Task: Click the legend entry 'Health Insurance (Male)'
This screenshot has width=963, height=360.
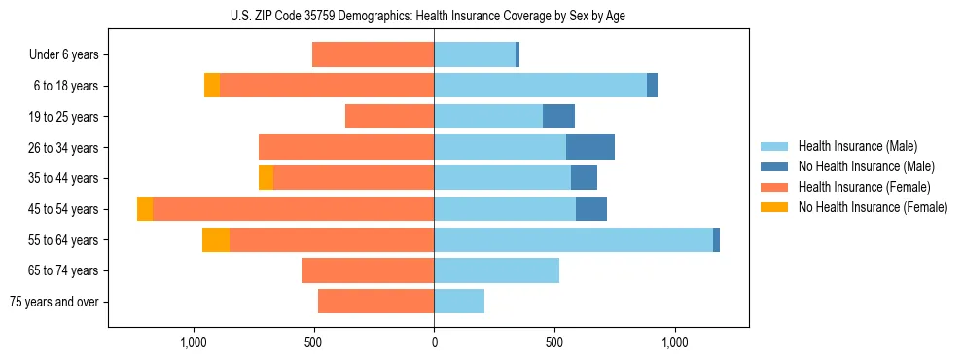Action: (x=857, y=146)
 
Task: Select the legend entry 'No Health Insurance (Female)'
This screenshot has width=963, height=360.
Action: (x=873, y=207)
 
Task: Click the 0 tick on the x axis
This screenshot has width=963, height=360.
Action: (x=434, y=342)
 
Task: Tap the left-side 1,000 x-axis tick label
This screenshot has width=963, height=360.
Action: (x=194, y=342)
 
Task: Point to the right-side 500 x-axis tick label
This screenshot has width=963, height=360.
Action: (x=554, y=342)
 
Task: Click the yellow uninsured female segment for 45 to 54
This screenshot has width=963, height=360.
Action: (x=145, y=209)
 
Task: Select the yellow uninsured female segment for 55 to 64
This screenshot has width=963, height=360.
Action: (x=216, y=240)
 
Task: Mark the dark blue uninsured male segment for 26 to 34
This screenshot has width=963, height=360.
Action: (x=590, y=147)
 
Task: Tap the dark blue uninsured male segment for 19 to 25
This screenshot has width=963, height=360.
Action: (x=558, y=117)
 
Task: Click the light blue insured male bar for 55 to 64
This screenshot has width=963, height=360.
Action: (x=573, y=240)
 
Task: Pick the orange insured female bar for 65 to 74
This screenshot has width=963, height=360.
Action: (x=368, y=270)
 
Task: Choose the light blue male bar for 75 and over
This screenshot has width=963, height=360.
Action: (x=459, y=302)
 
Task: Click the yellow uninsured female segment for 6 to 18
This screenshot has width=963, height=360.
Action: (x=212, y=86)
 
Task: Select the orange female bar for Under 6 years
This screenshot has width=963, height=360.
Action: (x=374, y=54)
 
